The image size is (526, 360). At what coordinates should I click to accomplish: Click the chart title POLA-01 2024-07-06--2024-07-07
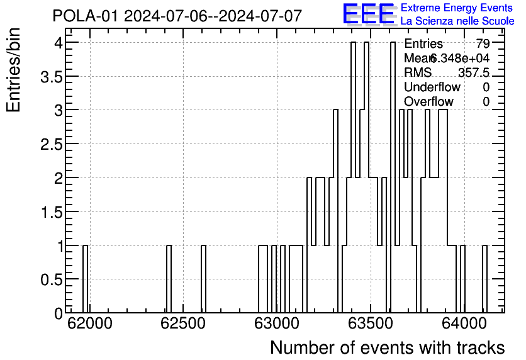click(177, 16)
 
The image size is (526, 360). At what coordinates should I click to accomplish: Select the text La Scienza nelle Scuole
click(457, 21)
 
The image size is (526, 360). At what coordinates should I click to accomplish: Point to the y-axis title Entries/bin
click(14, 70)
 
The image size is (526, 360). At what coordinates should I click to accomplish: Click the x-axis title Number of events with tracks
click(387, 347)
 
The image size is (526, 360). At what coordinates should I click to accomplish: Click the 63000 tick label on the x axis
click(276, 324)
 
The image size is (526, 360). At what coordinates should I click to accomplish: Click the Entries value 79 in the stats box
click(483, 44)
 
